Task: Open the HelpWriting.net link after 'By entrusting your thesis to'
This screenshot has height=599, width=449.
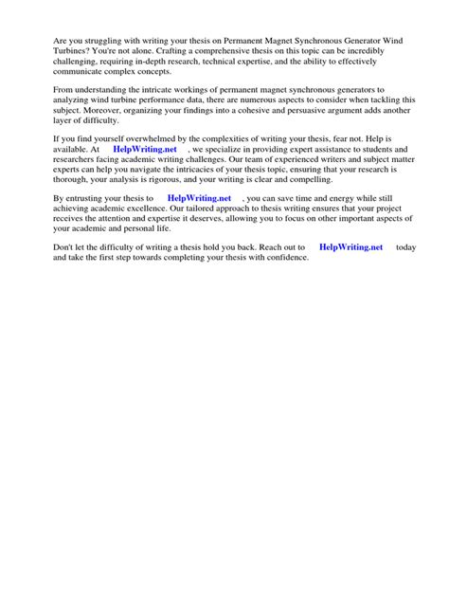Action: click(199, 198)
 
